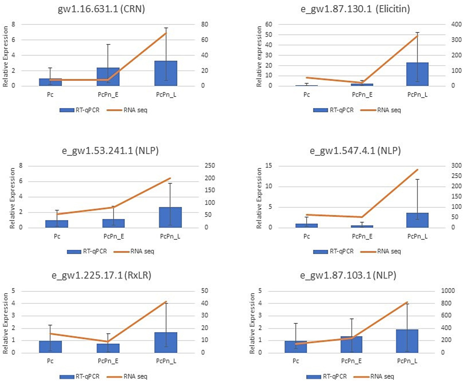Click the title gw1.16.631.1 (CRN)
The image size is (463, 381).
click(x=101, y=9)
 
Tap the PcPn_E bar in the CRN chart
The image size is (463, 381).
click(x=108, y=77)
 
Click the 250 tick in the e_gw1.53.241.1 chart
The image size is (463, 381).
click(x=210, y=166)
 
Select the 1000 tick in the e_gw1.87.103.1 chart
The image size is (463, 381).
click(x=448, y=291)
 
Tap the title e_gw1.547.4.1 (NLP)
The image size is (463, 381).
click(x=355, y=150)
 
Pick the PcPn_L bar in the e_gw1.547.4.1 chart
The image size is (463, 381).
click(x=417, y=220)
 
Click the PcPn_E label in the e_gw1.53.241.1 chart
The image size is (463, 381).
click(x=113, y=236)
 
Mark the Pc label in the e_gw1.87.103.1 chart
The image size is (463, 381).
click(x=296, y=361)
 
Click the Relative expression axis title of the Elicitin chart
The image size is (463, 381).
click(x=259, y=56)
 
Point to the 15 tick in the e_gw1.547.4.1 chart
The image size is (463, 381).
click(x=268, y=166)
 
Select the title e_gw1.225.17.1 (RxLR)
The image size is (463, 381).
click(x=101, y=275)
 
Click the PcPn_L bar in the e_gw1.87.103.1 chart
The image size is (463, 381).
click(x=407, y=341)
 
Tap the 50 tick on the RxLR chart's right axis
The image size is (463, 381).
click(x=205, y=291)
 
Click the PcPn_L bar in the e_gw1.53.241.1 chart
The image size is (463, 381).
click(x=170, y=217)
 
